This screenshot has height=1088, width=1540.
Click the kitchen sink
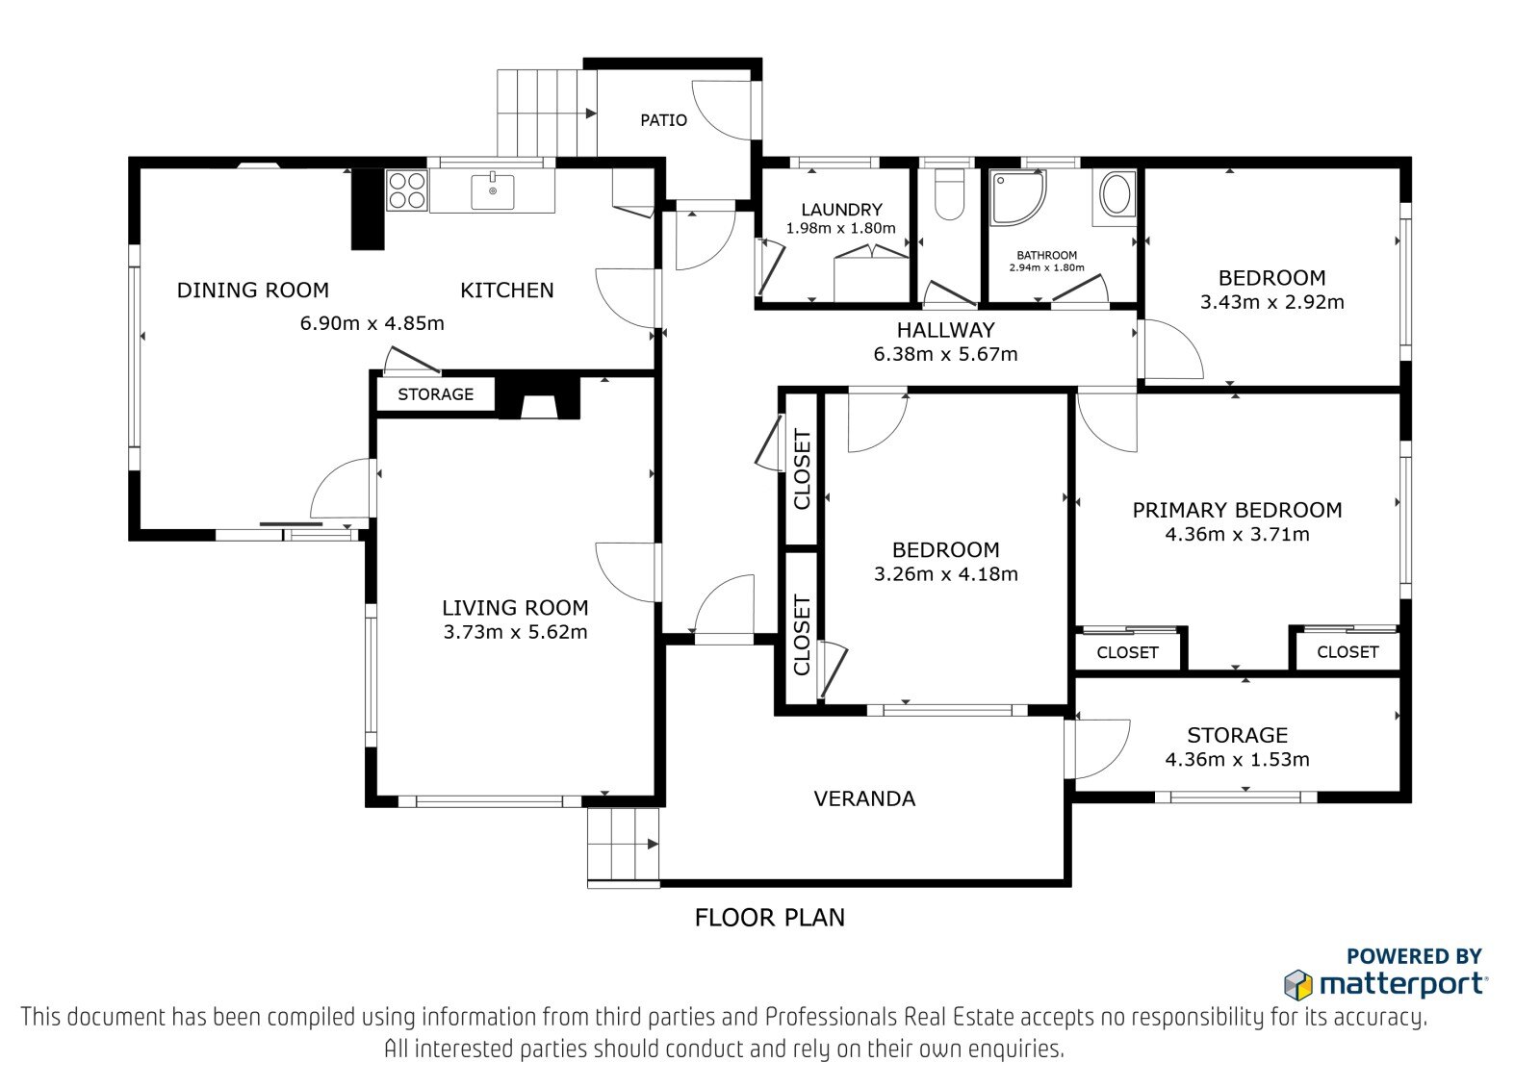[492, 191]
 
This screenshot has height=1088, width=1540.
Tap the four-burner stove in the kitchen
[406, 190]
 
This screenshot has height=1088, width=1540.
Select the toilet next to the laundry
[949, 194]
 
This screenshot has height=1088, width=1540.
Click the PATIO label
[663, 121]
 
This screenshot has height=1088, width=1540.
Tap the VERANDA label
[864, 798]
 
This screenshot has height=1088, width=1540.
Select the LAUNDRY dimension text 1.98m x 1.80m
[841, 228]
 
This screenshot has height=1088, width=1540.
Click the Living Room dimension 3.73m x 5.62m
[515, 632]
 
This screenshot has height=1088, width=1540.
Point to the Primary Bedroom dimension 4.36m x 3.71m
[1237, 534]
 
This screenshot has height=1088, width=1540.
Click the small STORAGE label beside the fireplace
[435, 394]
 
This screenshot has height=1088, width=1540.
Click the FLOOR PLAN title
[769, 918]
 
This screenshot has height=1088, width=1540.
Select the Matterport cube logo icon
[1298, 985]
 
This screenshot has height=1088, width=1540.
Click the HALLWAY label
[945, 331]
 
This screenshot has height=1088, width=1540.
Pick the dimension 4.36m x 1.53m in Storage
[1237, 759]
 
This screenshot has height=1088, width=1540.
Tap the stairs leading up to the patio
[547, 113]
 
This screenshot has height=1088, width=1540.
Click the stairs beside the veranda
[623, 848]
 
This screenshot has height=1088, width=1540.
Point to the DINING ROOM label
[253, 291]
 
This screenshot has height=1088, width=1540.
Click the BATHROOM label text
[1046, 256]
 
